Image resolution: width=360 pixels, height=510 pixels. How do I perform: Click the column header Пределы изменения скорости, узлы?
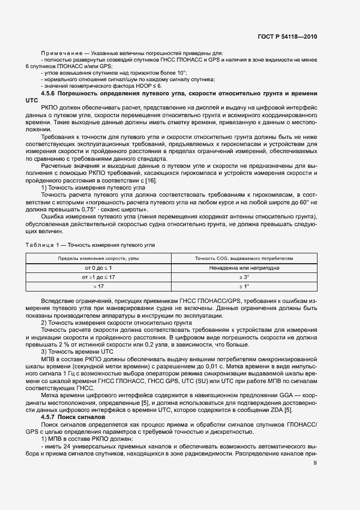(99, 258)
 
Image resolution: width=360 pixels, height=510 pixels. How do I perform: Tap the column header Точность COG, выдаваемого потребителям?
(243, 258)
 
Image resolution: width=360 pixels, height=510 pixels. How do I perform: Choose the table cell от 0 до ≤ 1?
(99, 268)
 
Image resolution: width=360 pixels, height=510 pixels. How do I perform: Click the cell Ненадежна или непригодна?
(243, 268)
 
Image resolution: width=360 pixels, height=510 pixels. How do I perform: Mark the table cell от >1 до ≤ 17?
(99, 277)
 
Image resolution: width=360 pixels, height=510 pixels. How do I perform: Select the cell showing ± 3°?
(243, 277)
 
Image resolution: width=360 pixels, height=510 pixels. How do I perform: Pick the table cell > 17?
(99, 286)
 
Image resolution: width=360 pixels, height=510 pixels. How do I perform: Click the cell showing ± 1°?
(243, 286)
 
